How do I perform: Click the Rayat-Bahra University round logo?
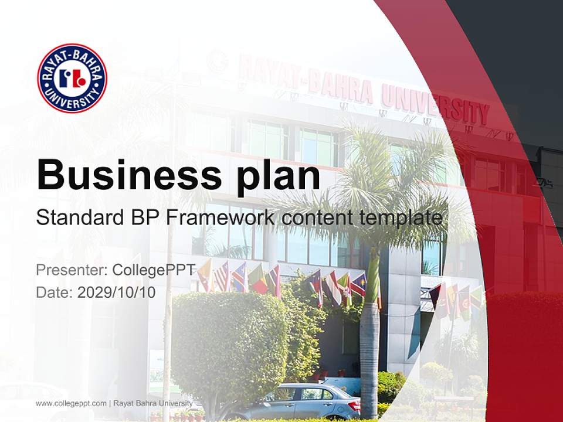pyautogui.click(x=72, y=78)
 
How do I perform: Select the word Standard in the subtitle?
pyautogui.click(x=76, y=218)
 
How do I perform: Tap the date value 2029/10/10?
pyautogui.click(x=117, y=292)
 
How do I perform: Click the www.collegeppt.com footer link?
pyautogui.click(x=71, y=403)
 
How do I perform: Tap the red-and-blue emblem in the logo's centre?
pyautogui.click(x=72, y=78)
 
